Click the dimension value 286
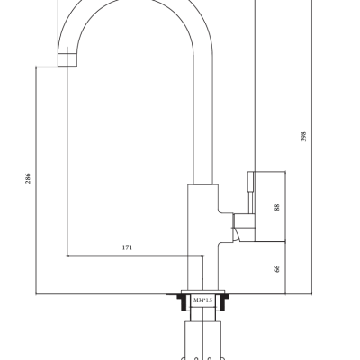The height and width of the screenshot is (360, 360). point(28,178)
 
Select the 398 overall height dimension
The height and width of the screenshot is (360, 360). point(303,137)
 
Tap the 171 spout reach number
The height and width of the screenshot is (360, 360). point(127,247)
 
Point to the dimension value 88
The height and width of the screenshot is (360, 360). point(277,207)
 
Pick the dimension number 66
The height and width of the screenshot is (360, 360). point(277,268)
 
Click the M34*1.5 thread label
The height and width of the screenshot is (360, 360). point(202,300)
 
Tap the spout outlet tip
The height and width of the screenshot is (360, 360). point(67,60)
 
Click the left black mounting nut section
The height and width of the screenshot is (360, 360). point(183,302)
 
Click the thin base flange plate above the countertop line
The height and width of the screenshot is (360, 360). point(202,292)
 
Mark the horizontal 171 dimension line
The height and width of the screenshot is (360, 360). point(135,256)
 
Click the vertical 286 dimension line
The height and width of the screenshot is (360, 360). point(36,180)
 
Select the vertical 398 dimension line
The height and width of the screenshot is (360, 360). point(312,147)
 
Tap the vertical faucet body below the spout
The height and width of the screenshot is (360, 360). point(202,237)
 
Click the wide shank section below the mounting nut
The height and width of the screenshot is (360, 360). point(202,340)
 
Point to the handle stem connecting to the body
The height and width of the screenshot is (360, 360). point(244,220)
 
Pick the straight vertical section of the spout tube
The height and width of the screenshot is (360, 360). point(203,120)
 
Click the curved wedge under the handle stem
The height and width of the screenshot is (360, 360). point(237,235)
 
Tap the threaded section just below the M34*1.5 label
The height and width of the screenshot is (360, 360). point(202,314)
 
